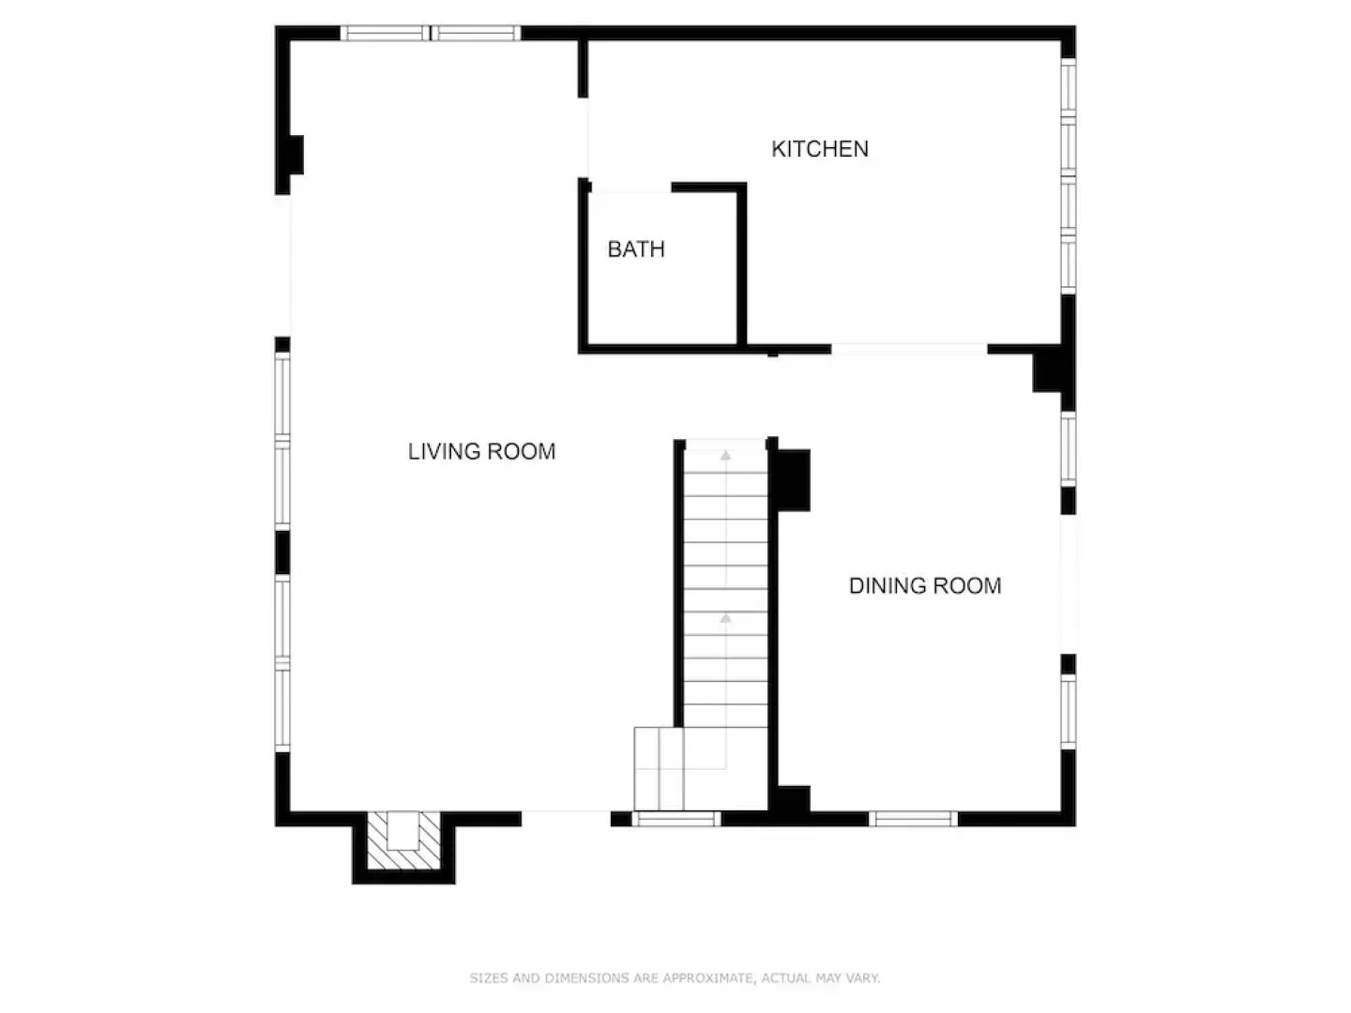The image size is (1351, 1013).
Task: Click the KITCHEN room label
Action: coord(820,149)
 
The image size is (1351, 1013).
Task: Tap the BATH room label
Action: coord(636,249)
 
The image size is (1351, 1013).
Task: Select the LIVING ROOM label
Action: coord(481,451)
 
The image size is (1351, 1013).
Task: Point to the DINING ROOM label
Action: coord(925,585)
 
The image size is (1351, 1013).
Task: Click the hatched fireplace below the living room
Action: coord(403,840)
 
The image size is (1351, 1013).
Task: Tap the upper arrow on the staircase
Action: coord(726,456)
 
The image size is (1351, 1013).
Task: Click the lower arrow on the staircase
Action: coord(726,617)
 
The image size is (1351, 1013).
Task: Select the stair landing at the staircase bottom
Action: coord(659,768)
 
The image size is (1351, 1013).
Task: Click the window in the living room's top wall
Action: coord(431,33)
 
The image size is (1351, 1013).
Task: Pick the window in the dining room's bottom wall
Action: coord(914,819)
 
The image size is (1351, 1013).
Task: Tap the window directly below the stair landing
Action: coord(676,819)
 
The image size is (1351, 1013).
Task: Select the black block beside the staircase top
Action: coord(794,479)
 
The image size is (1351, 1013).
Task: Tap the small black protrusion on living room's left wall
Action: coord(296,155)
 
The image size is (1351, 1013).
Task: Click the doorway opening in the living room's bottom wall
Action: coord(567,819)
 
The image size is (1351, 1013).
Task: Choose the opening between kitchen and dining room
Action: coord(910,349)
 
